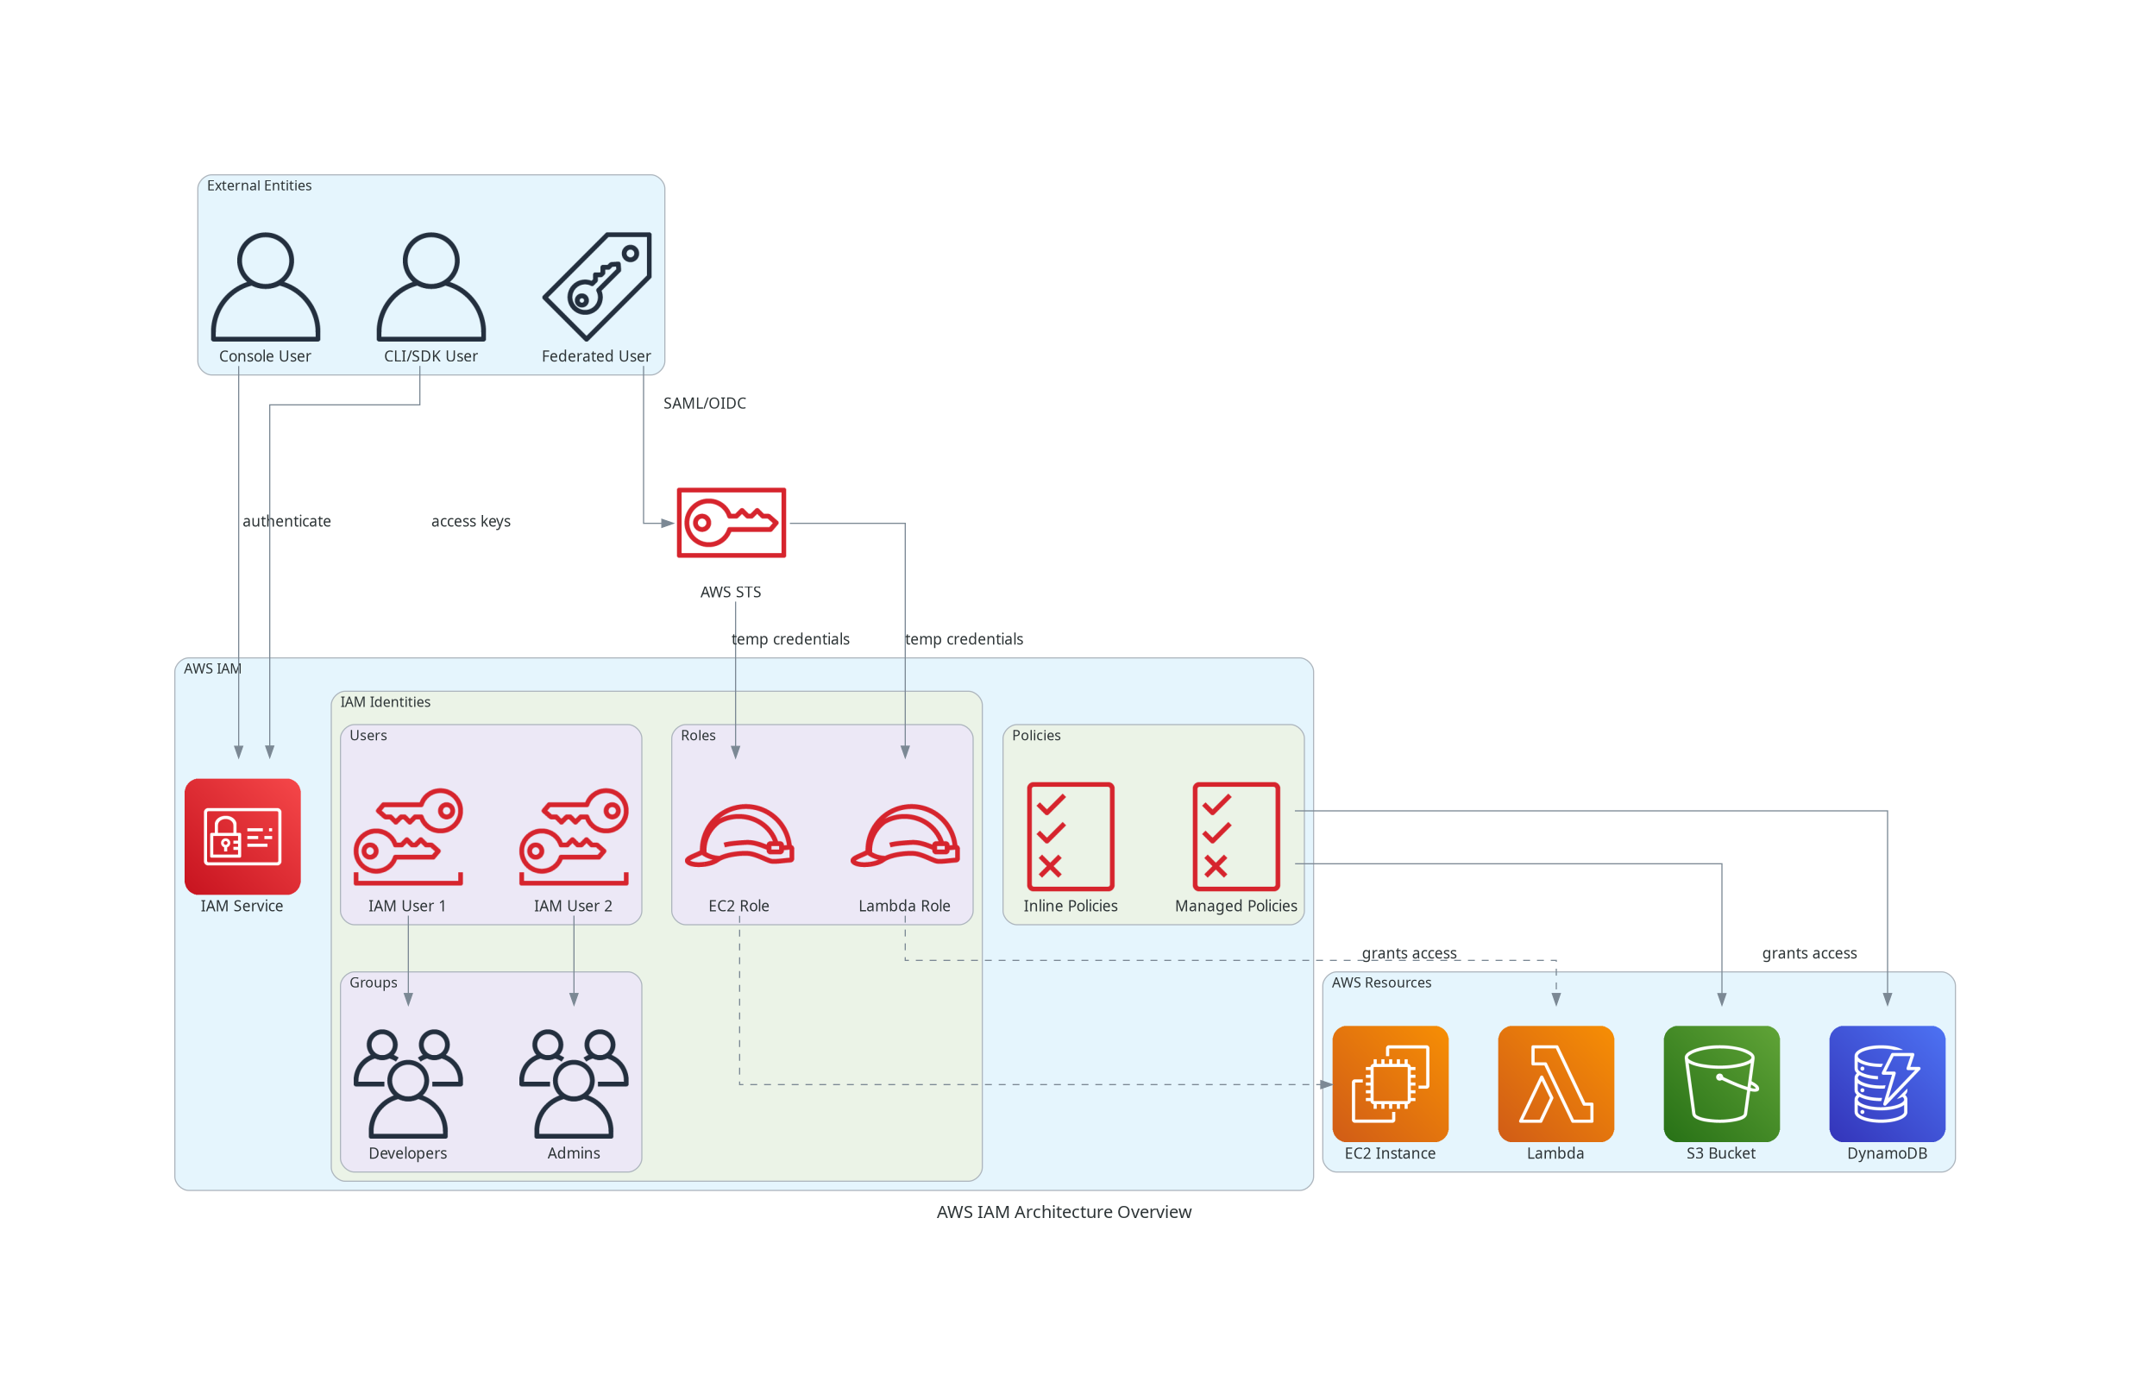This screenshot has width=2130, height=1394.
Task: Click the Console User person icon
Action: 265,286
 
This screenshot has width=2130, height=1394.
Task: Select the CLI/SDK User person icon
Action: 430,286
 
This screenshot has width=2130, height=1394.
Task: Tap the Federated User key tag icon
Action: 597,286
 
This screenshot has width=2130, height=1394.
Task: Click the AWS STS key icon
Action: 732,523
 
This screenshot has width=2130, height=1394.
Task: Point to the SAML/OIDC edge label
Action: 704,404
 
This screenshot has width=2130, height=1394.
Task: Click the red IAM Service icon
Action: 242,836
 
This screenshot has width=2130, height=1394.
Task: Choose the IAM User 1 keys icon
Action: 408,836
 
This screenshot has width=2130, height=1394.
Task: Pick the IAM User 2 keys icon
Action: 574,836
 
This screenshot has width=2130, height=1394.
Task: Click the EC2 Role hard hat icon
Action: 739,836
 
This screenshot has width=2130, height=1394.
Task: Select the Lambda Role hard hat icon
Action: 905,836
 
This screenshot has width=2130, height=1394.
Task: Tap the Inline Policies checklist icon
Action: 1071,836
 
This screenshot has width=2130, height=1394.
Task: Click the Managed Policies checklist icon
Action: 1236,836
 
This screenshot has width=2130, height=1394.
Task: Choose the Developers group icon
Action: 408,1083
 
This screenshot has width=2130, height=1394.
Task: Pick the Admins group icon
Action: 574,1083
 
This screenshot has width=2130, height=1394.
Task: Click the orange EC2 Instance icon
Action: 1390,1083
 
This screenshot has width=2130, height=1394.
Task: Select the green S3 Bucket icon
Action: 1721,1083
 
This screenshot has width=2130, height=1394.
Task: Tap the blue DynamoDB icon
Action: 1887,1083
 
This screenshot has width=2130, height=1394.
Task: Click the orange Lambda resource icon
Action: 1555,1083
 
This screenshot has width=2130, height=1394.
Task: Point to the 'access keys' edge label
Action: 471,521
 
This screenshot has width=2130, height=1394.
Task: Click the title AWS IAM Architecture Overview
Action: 1064,1211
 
